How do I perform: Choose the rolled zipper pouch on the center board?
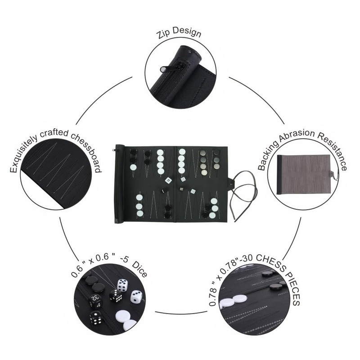click(x=120, y=184)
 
